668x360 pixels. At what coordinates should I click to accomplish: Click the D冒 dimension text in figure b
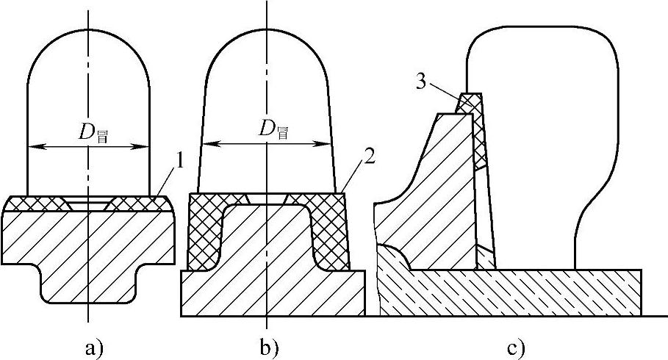tap(273, 133)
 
